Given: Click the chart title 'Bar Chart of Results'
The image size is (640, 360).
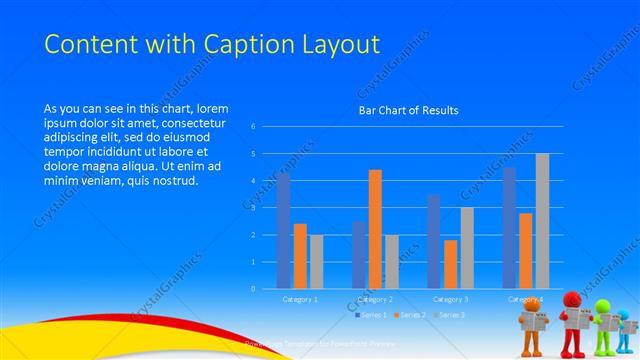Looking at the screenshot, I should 408,111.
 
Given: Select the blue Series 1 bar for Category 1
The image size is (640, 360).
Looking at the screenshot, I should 284,230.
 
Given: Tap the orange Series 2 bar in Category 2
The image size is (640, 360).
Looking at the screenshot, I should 375,229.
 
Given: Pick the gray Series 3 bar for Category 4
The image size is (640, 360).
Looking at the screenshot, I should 542,221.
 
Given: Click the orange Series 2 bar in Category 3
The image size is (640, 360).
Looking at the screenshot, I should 451,264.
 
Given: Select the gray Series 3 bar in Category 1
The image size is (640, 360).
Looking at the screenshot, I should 316,261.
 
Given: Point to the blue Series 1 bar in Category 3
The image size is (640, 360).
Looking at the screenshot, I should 434,241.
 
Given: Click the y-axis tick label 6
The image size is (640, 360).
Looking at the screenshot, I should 253,127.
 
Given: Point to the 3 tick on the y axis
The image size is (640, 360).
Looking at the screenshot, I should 253,208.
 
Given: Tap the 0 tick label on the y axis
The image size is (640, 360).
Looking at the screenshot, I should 253,289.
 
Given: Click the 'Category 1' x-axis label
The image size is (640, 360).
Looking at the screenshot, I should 300,299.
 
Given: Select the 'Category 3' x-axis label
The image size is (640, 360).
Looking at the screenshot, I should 450,299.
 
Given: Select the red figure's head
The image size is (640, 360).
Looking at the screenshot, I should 571,299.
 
